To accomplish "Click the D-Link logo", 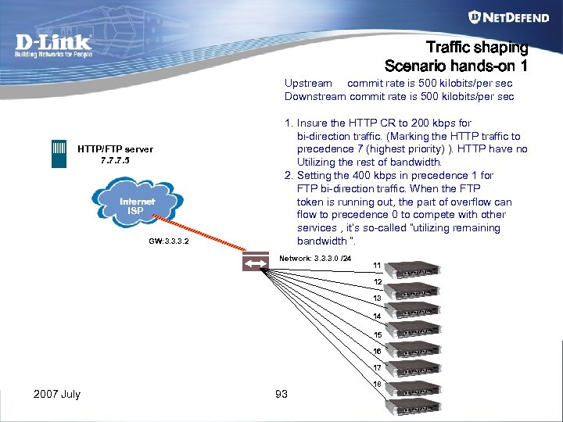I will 53,46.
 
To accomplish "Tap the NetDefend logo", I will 507,17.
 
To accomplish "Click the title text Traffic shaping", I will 476,48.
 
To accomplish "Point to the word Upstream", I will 308,83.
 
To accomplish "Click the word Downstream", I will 315,97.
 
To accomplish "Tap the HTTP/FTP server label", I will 115,149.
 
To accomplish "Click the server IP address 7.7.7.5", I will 115,160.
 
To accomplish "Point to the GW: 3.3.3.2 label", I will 169,241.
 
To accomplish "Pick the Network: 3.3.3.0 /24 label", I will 321,257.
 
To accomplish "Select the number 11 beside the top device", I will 377,265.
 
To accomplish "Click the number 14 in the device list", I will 377,316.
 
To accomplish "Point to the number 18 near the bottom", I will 377,384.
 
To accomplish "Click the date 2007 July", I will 57,394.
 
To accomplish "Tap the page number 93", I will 281,394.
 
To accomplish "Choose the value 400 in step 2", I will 360,176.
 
